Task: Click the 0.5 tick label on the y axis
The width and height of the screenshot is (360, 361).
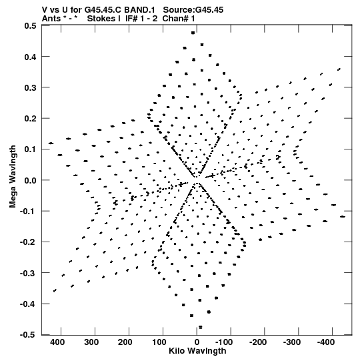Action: pyautogui.click(x=30, y=25)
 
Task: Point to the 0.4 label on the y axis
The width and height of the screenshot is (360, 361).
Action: pyautogui.click(x=30, y=57)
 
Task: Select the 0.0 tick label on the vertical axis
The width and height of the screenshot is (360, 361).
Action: pyautogui.click(x=30, y=180)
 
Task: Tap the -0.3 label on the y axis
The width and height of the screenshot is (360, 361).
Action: pyautogui.click(x=28, y=274)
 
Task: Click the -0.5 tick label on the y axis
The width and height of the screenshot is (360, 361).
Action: pyautogui.click(x=28, y=335)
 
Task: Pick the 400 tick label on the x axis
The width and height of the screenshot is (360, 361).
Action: pyautogui.click(x=57, y=342)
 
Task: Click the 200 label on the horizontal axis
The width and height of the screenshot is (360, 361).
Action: pyautogui.click(x=125, y=342)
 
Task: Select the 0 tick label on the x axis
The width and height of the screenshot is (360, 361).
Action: pyautogui.click(x=197, y=342)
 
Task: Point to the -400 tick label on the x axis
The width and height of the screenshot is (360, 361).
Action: pyautogui.click(x=326, y=342)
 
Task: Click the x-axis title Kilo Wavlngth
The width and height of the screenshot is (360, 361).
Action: pyautogui.click(x=197, y=351)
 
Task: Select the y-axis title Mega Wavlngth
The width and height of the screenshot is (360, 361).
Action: pyautogui.click(x=13, y=177)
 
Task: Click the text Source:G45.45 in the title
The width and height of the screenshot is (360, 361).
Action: pyautogui.click(x=193, y=10)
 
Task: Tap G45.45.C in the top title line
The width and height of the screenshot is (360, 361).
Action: pyautogui.click(x=103, y=10)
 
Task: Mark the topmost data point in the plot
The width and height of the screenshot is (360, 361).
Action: pyautogui.click(x=193, y=33)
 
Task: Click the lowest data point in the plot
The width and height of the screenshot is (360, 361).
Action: pyautogui.click(x=201, y=327)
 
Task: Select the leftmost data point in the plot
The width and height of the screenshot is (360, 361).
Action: pyautogui.click(x=51, y=143)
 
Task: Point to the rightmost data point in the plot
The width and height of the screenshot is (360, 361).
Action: pyautogui.click(x=343, y=217)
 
